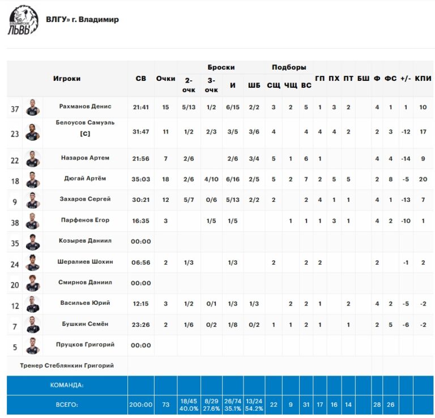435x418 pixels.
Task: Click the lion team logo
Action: point(23,20)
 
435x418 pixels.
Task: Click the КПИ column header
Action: point(423,79)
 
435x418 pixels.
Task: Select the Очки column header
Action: point(165,79)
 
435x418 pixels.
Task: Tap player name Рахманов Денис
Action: point(85,106)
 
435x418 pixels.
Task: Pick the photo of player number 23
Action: point(33,132)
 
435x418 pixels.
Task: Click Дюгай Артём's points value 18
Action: point(165,179)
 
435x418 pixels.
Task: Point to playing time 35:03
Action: point(140,179)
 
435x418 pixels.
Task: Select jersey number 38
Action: point(15,223)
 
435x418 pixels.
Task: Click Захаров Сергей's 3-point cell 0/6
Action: point(211,200)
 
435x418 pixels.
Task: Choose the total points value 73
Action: point(165,404)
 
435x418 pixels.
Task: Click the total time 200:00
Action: point(140,404)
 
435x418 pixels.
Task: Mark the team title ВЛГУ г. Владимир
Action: point(82,19)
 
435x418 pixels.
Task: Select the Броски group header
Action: point(221,67)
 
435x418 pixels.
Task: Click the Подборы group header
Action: point(289,67)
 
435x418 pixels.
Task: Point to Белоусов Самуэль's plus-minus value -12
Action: point(406,132)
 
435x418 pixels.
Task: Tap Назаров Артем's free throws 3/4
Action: point(254,159)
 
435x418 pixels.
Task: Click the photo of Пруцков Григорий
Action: point(33,346)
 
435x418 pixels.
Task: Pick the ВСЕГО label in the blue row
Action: point(67,404)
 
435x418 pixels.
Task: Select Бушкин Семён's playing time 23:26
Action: point(140,325)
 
